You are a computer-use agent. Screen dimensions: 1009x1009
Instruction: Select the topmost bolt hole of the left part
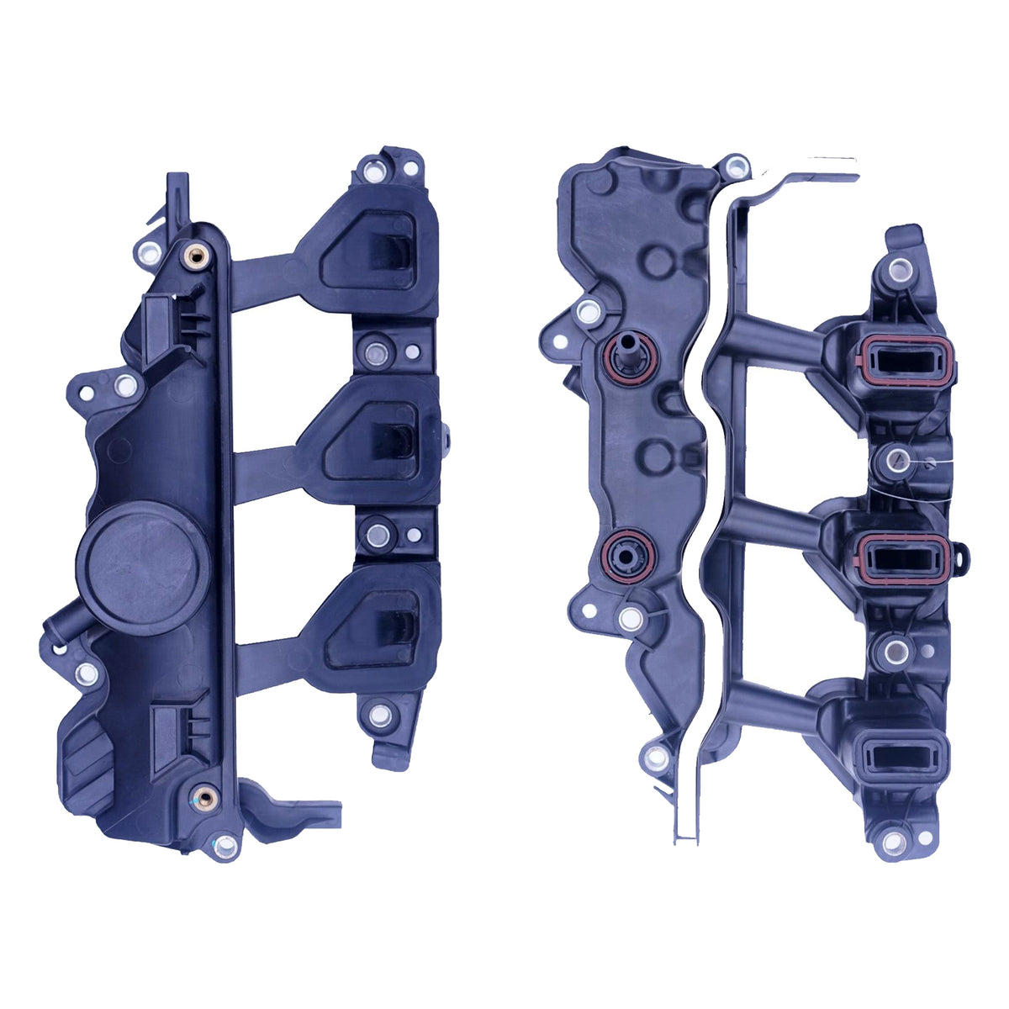coord(372,172)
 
